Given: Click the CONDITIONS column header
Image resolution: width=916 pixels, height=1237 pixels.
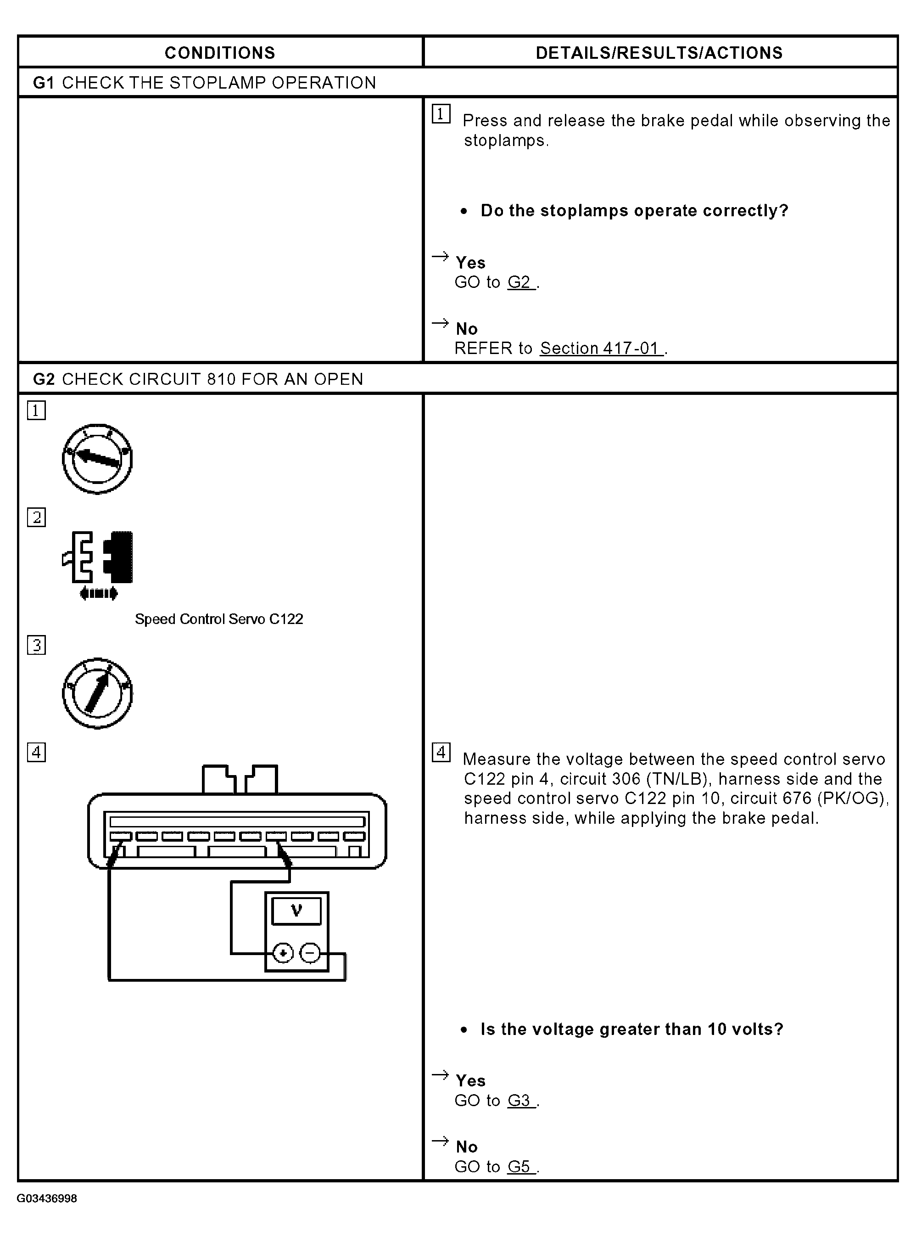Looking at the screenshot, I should point(219,53).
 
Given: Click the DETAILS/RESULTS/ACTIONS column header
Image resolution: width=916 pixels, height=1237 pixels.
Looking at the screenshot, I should point(659,53).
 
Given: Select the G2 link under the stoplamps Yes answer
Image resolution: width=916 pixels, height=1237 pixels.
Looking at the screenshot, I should point(519,282).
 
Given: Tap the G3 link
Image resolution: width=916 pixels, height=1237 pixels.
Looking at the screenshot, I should point(519,1101).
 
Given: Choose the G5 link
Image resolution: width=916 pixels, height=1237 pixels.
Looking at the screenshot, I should point(519,1167).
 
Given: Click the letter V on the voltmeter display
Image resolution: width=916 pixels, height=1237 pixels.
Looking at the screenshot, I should point(296,910).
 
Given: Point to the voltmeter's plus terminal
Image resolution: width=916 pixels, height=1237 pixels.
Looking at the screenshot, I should point(283,954).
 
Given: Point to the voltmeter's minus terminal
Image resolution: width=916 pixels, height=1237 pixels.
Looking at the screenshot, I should point(310,954).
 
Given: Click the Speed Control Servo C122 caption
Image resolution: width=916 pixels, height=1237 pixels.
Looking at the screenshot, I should point(219,619).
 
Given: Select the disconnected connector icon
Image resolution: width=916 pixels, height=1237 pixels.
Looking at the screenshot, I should point(98,557).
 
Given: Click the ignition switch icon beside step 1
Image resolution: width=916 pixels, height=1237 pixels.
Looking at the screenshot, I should point(97,459).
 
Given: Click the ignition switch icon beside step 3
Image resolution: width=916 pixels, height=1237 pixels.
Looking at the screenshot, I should point(97,693).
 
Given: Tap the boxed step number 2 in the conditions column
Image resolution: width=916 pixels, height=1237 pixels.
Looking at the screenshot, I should point(37,517).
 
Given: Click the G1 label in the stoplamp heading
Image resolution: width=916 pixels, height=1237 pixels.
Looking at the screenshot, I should point(44,83).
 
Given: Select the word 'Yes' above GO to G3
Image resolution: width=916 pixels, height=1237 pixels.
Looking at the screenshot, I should point(470,1080).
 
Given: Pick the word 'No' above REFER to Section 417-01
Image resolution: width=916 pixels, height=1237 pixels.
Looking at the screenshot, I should point(466,329).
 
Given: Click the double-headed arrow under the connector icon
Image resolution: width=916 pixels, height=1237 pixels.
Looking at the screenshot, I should point(99,594).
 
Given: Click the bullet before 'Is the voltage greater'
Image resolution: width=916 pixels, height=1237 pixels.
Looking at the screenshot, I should point(464,1030).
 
